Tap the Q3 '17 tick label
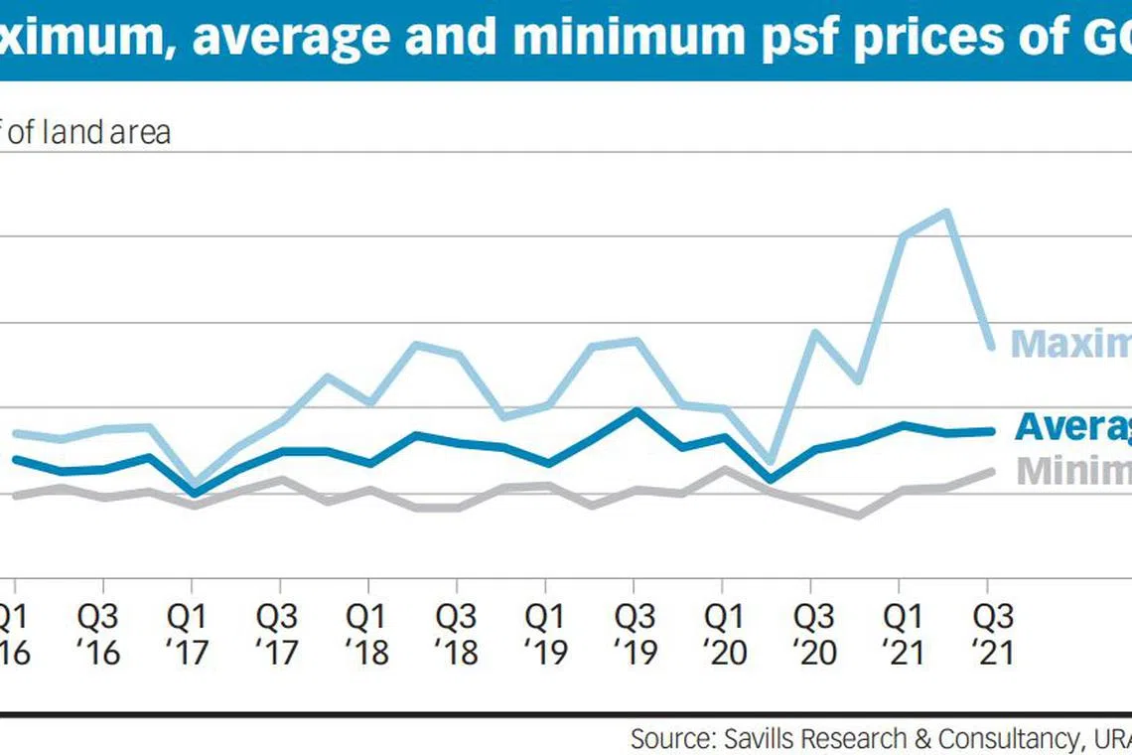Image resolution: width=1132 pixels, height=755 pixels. [279, 635]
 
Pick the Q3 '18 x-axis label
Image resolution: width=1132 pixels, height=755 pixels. [457, 635]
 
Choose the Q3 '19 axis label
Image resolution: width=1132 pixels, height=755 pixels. [635, 635]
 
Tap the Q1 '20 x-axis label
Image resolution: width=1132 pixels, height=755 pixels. [723, 635]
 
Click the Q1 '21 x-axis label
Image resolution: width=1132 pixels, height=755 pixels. [901, 635]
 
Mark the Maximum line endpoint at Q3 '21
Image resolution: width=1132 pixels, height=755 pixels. [990, 346]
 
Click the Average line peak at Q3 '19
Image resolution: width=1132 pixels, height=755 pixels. [636, 410]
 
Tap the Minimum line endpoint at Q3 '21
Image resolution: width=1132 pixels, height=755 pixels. [990, 471]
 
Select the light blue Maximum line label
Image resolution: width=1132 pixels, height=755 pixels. [1070, 344]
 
